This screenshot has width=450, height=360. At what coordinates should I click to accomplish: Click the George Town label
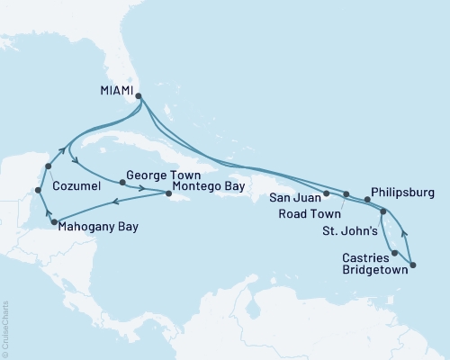tap(155, 177)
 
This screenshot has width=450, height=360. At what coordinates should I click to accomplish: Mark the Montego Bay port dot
tap(169, 193)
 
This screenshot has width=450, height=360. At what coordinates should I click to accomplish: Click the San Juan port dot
tap(326, 193)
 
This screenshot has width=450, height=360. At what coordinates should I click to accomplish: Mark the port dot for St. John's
tap(383, 212)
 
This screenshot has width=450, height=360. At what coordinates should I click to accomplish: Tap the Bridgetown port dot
tap(413, 265)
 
